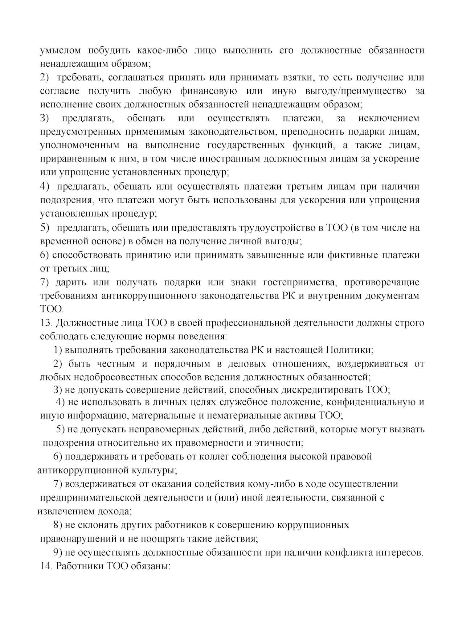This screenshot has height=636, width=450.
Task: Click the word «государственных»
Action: pos(246,146)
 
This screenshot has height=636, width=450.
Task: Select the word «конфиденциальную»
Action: pos(372,402)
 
